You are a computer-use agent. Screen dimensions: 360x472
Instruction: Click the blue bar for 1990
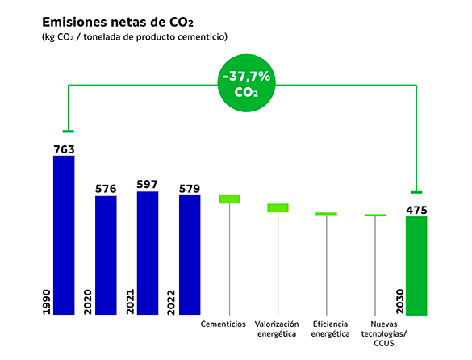pyautogui.click(x=64, y=234)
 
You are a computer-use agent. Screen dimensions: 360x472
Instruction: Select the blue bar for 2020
pyautogui.click(x=106, y=254)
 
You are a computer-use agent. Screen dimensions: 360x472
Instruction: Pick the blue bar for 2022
pyautogui.click(x=190, y=253)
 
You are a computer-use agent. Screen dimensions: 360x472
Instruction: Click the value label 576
pyautogui.click(x=106, y=189)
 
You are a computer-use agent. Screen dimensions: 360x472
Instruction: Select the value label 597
pyautogui.click(x=148, y=184)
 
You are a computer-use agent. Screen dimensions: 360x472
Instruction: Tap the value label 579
pyautogui.click(x=190, y=188)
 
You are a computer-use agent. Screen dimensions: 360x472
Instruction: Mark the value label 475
pyautogui.click(x=416, y=210)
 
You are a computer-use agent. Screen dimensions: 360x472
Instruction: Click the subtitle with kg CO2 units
pyautogui.click(x=134, y=37)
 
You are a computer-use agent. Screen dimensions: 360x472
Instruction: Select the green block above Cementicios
pyautogui.click(x=230, y=199)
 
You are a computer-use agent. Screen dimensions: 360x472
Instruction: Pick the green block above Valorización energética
pyautogui.click(x=278, y=208)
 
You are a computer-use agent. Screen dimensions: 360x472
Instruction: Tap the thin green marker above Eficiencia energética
pyautogui.click(x=326, y=214)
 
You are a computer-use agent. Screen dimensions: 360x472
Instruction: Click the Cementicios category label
pyautogui.click(x=223, y=324)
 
